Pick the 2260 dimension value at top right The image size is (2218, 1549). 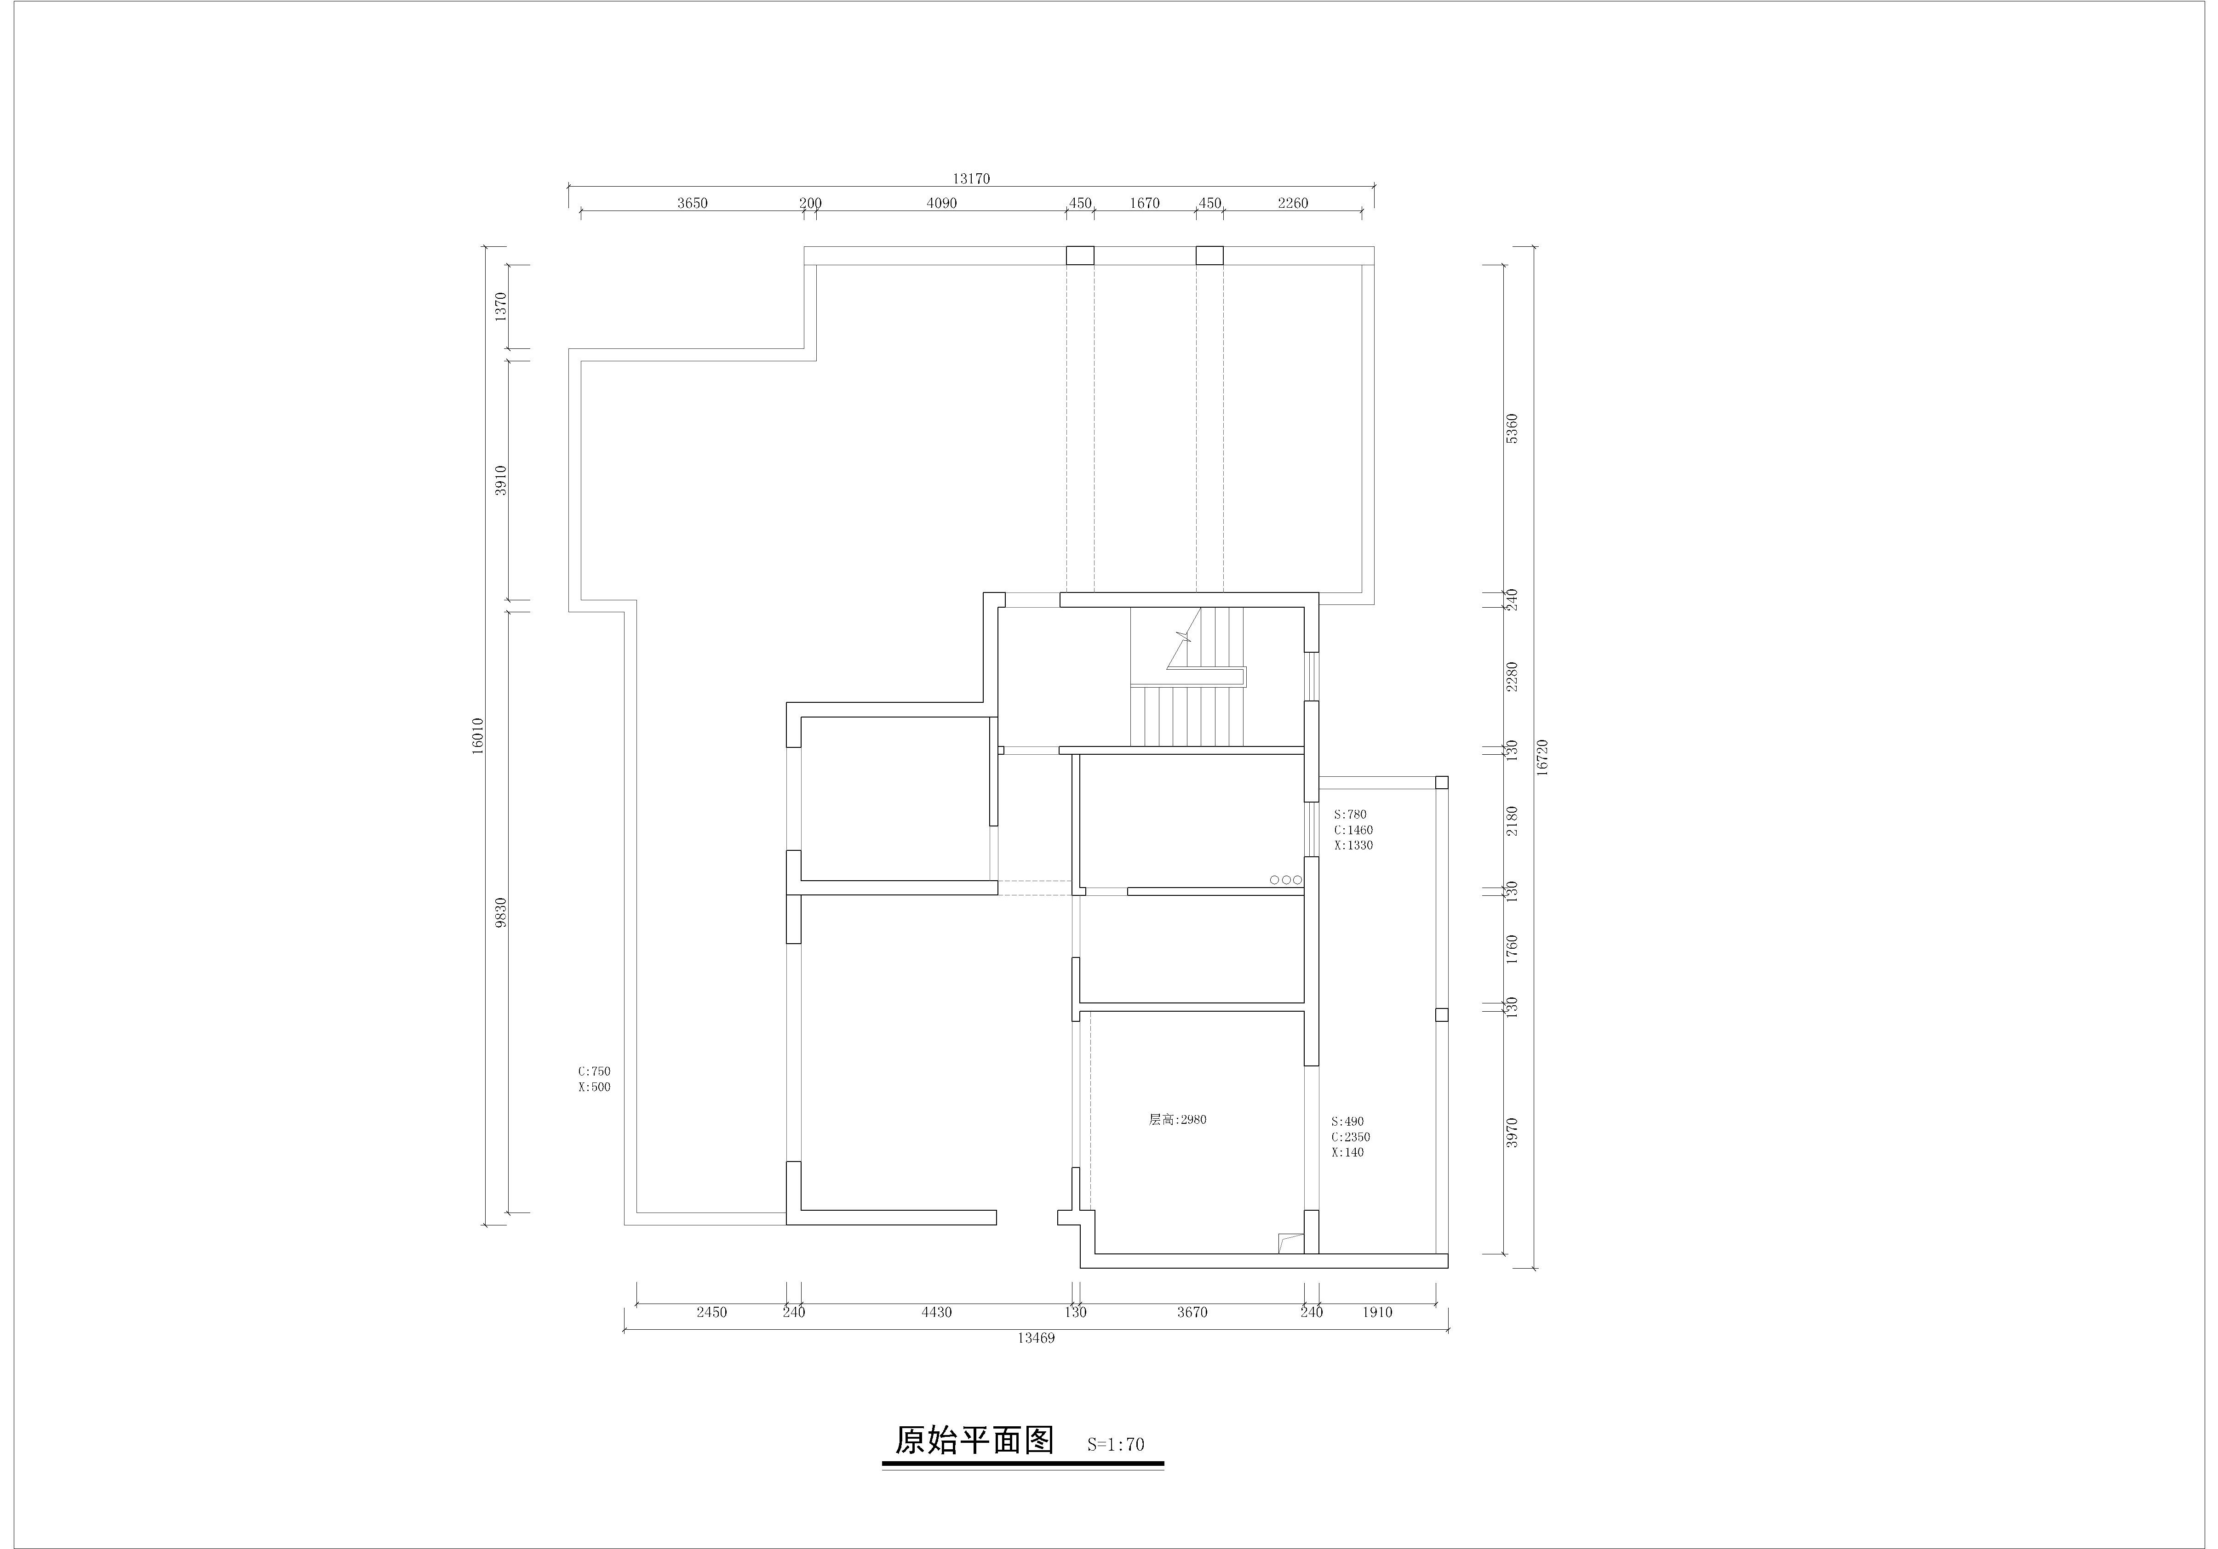1293,203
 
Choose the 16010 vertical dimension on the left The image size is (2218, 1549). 477,736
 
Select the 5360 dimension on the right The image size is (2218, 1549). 1513,428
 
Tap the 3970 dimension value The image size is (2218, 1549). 1513,1133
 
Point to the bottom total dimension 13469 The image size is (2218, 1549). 1036,1338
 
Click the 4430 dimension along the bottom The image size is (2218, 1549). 936,1312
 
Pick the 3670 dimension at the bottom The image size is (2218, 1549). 1192,1312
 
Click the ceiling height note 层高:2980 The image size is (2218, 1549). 1178,1120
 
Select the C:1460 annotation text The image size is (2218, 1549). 1353,830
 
